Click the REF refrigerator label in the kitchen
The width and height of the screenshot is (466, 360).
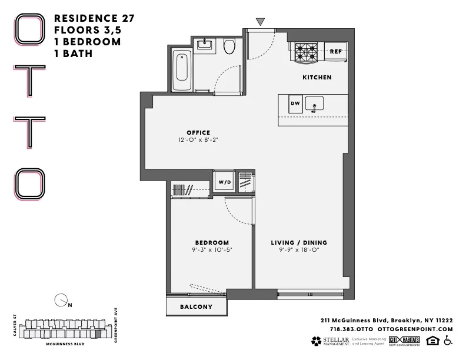pyautogui.click(x=335, y=52)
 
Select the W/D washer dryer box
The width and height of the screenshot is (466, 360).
pyautogui.click(x=225, y=182)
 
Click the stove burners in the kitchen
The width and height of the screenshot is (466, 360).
pyautogui.click(x=306, y=53)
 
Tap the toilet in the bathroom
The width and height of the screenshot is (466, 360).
pyautogui.click(x=230, y=47)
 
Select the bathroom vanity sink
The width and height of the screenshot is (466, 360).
pyautogui.click(x=206, y=44)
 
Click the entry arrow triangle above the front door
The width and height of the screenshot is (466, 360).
pyautogui.click(x=260, y=22)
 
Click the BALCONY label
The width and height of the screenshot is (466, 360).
pyautogui.click(x=197, y=307)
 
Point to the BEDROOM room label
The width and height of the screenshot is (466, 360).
pyautogui.click(x=212, y=242)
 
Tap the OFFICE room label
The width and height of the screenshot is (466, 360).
pyautogui.click(x=198, y=132)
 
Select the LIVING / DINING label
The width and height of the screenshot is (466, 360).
pyautogui.click(x=299, y=242)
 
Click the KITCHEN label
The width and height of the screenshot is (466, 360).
pyautogui.click(x=317, y=77)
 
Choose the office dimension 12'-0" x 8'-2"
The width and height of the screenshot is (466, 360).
pyautogui.click(x=198, y=140)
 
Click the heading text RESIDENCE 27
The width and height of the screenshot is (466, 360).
pyautogui.click(x=94, y=18)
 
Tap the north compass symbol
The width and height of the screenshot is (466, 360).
pyautogui.click(x=60, y=301)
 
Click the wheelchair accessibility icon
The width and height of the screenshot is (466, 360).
pyautogui.click(x=448, y=341)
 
